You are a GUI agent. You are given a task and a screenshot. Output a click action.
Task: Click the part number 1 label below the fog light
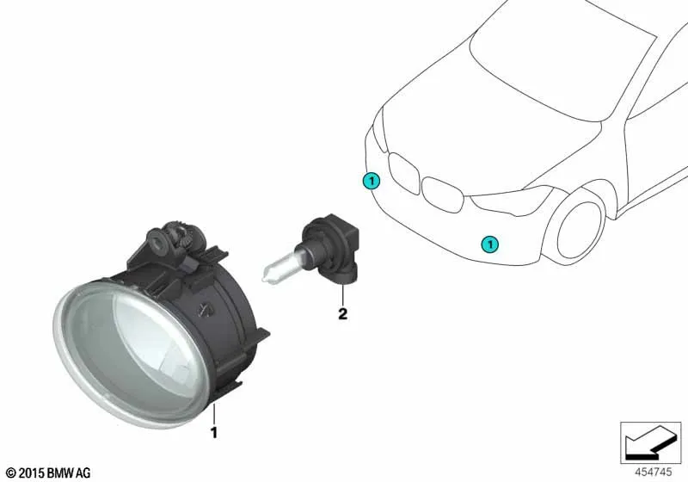pyautogui.click(x=213, y=432)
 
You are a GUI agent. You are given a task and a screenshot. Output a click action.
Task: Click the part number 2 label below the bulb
pyautogui.click(x=342, y=313)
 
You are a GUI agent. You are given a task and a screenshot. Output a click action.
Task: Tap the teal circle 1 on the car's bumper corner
pyautogui.click(x=372, y=181)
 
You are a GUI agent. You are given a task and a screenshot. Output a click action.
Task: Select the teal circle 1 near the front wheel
pyautogui.click(x=489, y=244)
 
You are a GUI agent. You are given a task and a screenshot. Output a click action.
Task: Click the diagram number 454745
pyautogui.click(x=653, y=472)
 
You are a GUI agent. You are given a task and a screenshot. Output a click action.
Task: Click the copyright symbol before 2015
pyautogui.click(x=11, y=473)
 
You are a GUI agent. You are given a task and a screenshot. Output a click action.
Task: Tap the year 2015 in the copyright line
pyautogui.click(x=32, y=473)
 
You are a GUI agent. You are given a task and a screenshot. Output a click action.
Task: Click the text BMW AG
pyautogui.click(x=69, y=473)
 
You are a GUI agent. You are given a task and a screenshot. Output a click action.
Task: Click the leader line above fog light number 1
pyautogui.click(x=214, y=413)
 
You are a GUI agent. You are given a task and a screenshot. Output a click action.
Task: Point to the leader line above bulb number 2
pyautogui.click(x=343, y=294)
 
